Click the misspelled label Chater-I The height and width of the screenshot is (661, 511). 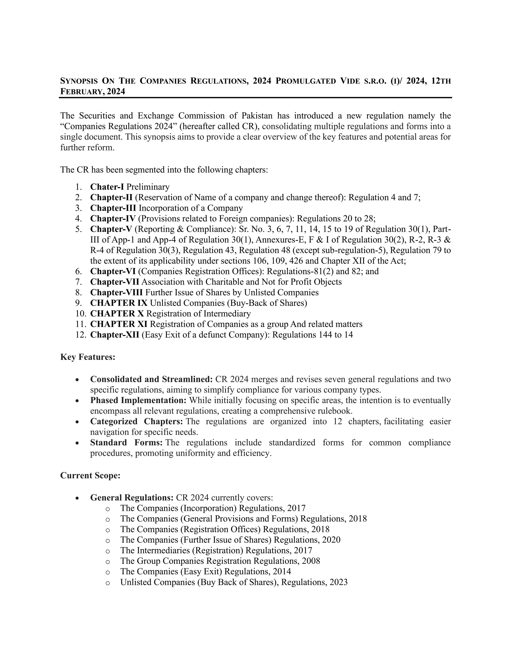(107, 187)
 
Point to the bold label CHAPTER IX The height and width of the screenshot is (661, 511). (119, 303)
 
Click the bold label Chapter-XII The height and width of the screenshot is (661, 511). (115, 335)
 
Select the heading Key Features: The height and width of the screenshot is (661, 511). (88, 357)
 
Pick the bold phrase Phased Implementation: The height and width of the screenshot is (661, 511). (138, 400)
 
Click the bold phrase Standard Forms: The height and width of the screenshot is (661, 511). (127, 443)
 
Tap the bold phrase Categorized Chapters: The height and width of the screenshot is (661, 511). (136, 422)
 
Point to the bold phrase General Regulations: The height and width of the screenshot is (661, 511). (132, 498)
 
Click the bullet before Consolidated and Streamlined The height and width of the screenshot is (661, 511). (78, 380)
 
